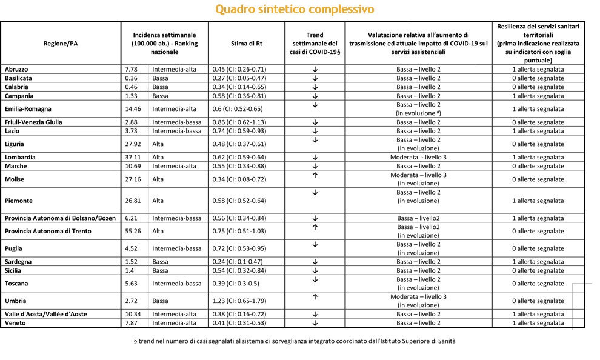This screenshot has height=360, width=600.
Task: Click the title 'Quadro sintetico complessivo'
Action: pyautogui.click(x=295, y=9)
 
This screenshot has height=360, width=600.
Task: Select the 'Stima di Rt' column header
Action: pyautogui.click(x=247, y=43)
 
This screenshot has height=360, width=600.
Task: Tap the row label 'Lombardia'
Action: pyautogui.click(x=20, y=158)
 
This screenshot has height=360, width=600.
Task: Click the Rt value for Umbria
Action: pyautogui.click(x=239, y=301)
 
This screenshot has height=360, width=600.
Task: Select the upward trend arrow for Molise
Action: pyautogui.click(x=315, y=176)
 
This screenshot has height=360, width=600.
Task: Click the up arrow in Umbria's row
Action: pyautogui.click(x=315, y=297)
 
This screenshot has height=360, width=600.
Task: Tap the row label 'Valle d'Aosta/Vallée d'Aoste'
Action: pyautogui.click(x=46, y=315)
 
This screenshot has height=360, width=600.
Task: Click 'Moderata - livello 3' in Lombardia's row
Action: pyautogui.click(x=418, y=158)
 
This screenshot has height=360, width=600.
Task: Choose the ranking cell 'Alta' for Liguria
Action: pyautogui.click(x=159, y=144)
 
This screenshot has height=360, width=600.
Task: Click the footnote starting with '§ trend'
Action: pyautogui.click(x=295, y=341)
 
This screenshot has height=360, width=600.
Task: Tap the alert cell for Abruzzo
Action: pyautogui.click(x=538, y=70)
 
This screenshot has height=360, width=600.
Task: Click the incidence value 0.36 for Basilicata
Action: pyautogui.click(x=130, y=78)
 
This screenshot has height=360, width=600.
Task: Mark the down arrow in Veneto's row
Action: pyautogui.click(x=315, y=323)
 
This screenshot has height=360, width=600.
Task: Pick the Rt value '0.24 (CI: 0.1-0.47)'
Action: pyautogui.click(x=238, y=262)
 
